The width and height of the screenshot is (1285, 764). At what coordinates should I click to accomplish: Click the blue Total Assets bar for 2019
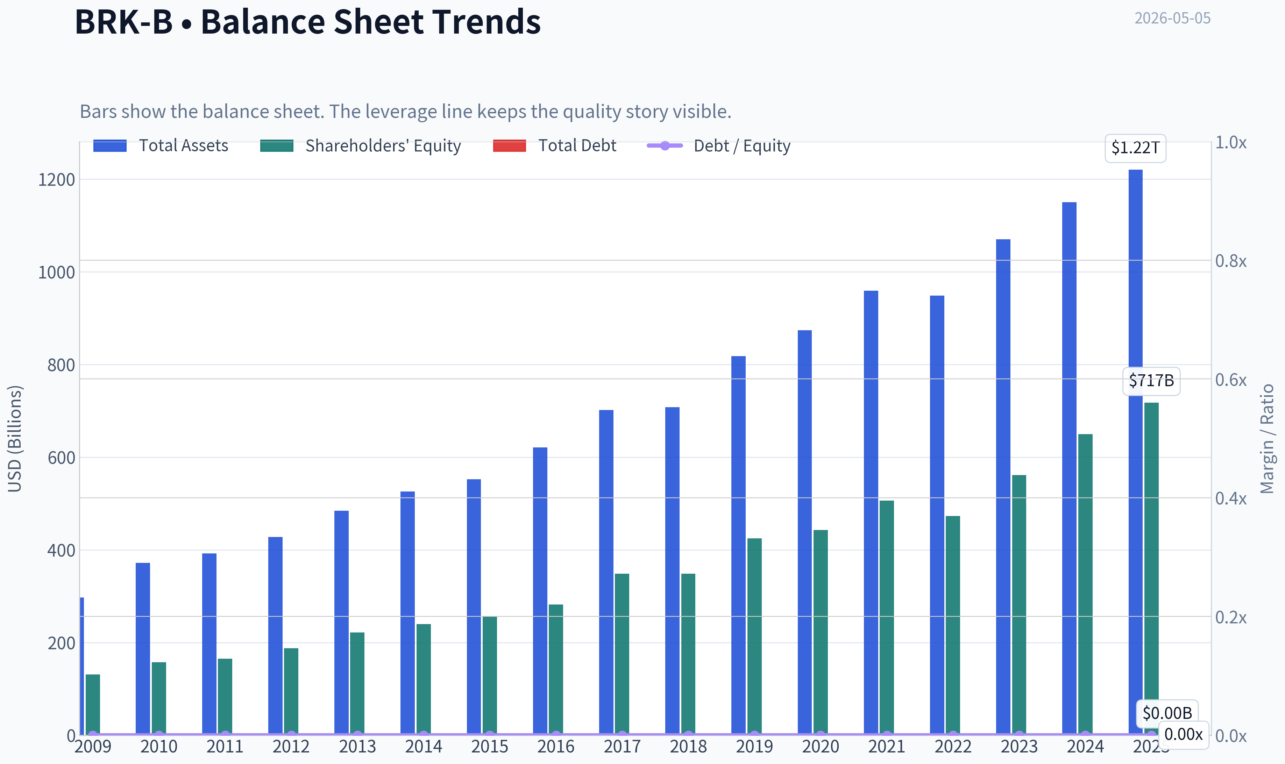(738, 545)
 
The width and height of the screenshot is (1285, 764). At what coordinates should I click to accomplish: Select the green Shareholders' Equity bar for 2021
(887, 617)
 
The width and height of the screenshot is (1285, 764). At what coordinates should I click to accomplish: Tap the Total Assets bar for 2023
(1003, 487)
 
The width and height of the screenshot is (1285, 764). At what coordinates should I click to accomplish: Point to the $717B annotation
(1151, 381)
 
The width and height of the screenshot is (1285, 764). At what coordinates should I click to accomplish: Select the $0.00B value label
(1167, 713)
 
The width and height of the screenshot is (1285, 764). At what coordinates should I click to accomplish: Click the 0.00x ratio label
(1183, 734)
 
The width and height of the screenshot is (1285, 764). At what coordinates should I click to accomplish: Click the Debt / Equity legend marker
(665, 146)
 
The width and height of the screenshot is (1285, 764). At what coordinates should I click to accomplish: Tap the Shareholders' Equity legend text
(383, 146)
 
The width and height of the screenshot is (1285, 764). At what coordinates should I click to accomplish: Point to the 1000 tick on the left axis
(57, 273)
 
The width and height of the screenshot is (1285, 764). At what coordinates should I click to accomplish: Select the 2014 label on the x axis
(424, 747)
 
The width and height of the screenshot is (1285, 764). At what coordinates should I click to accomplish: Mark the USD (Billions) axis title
(15, 439)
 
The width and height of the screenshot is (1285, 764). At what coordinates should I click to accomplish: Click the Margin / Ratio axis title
(1267, 439)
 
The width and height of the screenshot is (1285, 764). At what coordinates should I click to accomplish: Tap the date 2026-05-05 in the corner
(1172, 19)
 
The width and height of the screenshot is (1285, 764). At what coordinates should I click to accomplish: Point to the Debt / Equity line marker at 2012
(291, 735)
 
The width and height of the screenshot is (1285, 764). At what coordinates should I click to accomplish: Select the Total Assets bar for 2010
(143, 649)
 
